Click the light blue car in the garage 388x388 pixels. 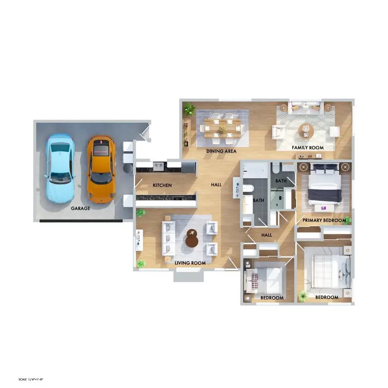(x=60, y=168)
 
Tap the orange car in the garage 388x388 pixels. (x=101, y=169)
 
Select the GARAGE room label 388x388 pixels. (x=81, y=208)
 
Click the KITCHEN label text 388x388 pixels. (x=162, y=185)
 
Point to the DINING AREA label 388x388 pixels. (x=221, y=151)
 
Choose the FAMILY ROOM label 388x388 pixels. (x=307, y=148)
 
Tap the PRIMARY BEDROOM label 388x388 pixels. (x=324, y=220)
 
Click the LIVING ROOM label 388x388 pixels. (x=190, y=263)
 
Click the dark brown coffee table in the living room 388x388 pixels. (x=192, y=238)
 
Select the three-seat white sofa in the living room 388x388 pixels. (x=169, y=238)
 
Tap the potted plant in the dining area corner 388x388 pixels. (x=189, y=109)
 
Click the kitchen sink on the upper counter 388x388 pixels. (x=158, y=166)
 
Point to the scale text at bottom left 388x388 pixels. (x=31, y=379)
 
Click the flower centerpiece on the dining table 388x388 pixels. (x=222, y=128)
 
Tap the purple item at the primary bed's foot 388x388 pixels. (x=323, y=208)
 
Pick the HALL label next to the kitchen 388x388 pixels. (x=216, y=185)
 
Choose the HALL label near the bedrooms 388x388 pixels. (x=266, y=235)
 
